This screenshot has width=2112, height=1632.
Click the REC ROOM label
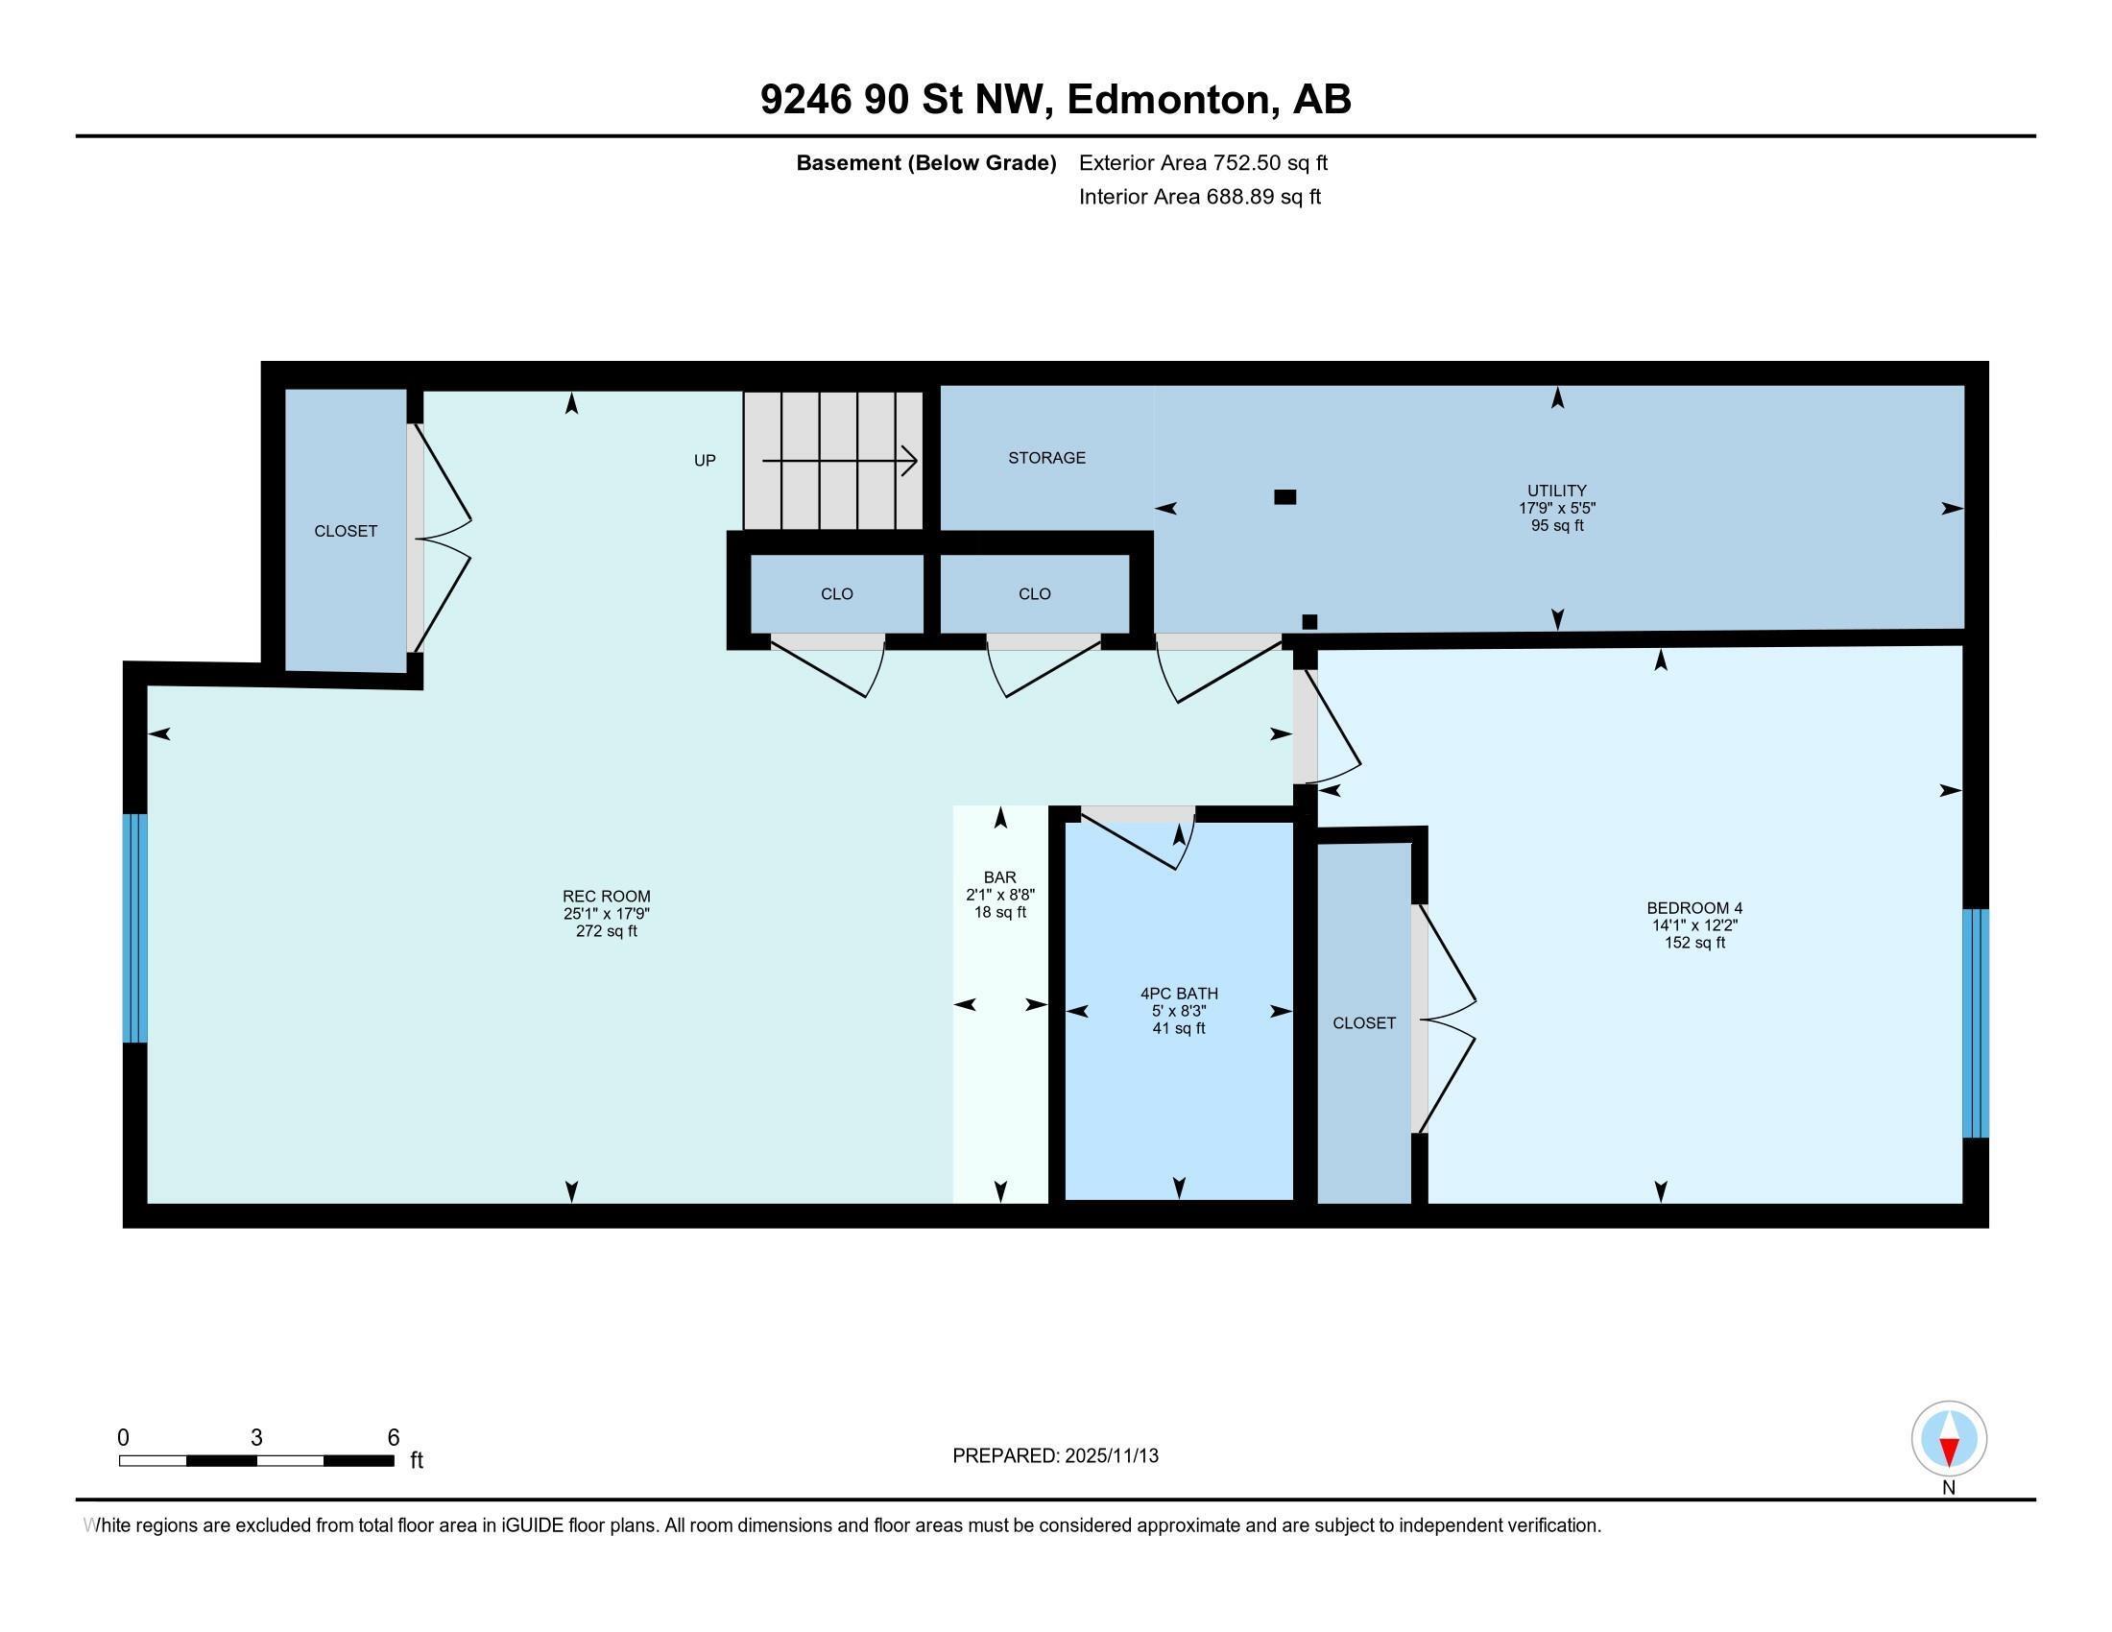point(607,897)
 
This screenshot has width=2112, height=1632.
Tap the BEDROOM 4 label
point(1694,908)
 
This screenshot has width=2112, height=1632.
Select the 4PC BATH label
point(1179,993)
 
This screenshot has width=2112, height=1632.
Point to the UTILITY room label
point(1557,491)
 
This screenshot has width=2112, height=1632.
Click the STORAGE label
point(1046,457)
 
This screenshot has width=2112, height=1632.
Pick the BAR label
point(1000,877)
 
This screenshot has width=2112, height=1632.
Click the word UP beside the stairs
point(705,460)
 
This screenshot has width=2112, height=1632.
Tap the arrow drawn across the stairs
point(839,461)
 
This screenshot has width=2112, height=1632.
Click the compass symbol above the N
point(1949,1438)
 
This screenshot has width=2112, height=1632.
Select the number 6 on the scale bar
point(393,1437)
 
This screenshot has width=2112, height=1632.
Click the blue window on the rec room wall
point(135,928)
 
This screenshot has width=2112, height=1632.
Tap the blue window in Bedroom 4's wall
point(1976,1023)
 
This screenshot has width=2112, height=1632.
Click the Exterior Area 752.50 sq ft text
point(1203,162)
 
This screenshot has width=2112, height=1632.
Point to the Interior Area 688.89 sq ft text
point(1199,197)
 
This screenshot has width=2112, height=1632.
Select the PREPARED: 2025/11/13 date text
point(1055,1456)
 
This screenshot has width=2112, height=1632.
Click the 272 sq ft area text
point(607,931)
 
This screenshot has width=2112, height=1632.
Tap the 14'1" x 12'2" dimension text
point(1694,925)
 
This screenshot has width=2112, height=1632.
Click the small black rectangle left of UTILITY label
point(1284,497)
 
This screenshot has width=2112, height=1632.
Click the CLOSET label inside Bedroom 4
point(1363,1023)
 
